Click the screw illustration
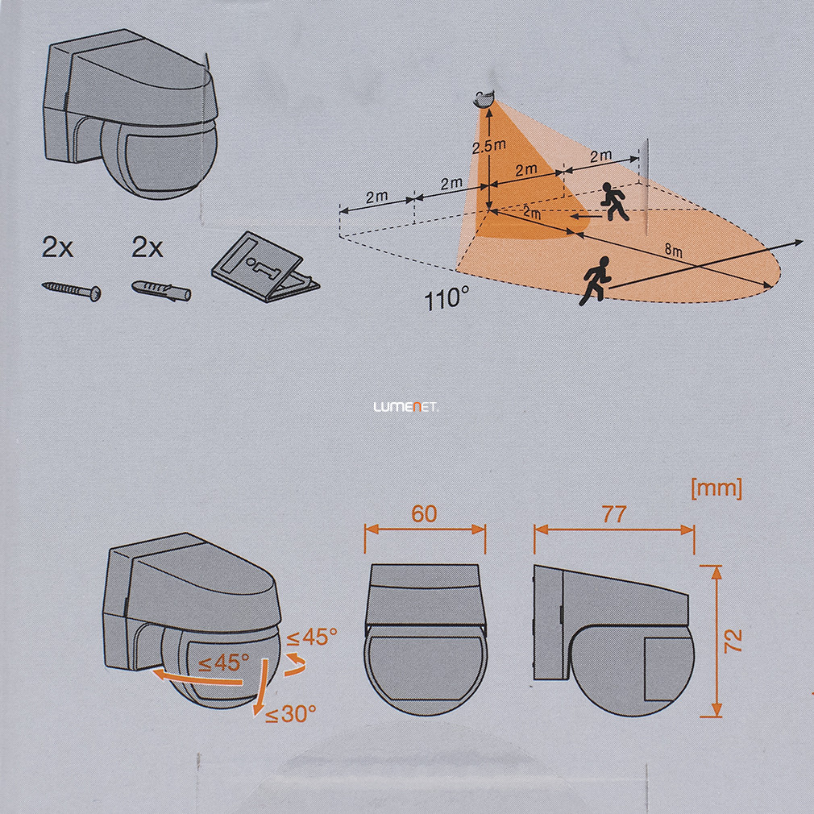coord(71,291)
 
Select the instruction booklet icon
coord(265,268)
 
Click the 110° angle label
coord(446,299)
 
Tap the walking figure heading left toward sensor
coord(614,201)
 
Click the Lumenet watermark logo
coord(406,408)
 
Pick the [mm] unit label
coord(716,489)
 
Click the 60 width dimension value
coord(424,514)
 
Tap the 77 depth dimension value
coord(614,514)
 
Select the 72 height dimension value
coord(733,641)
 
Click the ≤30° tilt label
coord(290,714)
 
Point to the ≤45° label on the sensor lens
coord(224,663)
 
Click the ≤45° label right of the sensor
coord(311,637)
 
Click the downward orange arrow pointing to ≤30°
coord(260,688)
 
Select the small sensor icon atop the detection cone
coord(485,98)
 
